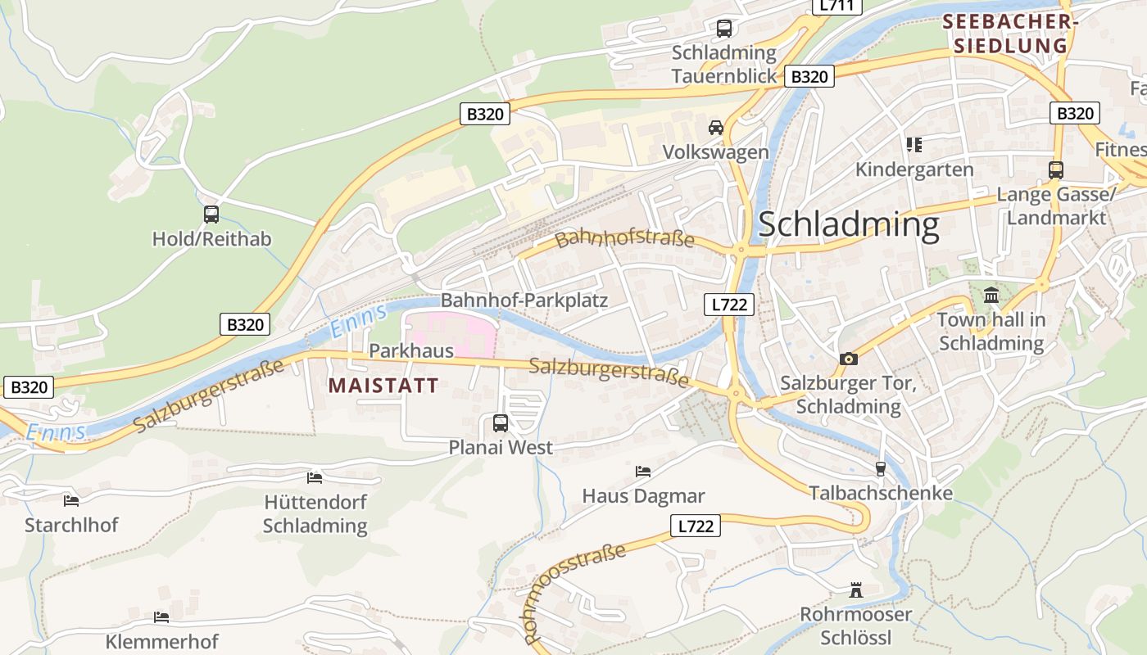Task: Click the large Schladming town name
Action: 848,224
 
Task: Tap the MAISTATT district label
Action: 383,385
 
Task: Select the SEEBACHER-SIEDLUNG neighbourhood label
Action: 1010,34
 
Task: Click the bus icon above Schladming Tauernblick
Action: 724,29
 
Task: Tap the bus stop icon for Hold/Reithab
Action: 211,215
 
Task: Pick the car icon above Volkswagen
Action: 716,128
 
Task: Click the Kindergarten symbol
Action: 914,146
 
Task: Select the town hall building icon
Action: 991,295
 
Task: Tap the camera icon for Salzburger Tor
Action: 848,359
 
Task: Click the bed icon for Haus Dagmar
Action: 643,472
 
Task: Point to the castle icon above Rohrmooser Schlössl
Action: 856,589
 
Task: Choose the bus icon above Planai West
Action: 500,423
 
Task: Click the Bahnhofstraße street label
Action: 624,238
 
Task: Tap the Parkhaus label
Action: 411,350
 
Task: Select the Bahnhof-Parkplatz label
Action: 524,300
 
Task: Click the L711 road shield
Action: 836,6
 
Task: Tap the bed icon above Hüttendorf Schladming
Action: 315,477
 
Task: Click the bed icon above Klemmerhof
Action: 161,617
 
